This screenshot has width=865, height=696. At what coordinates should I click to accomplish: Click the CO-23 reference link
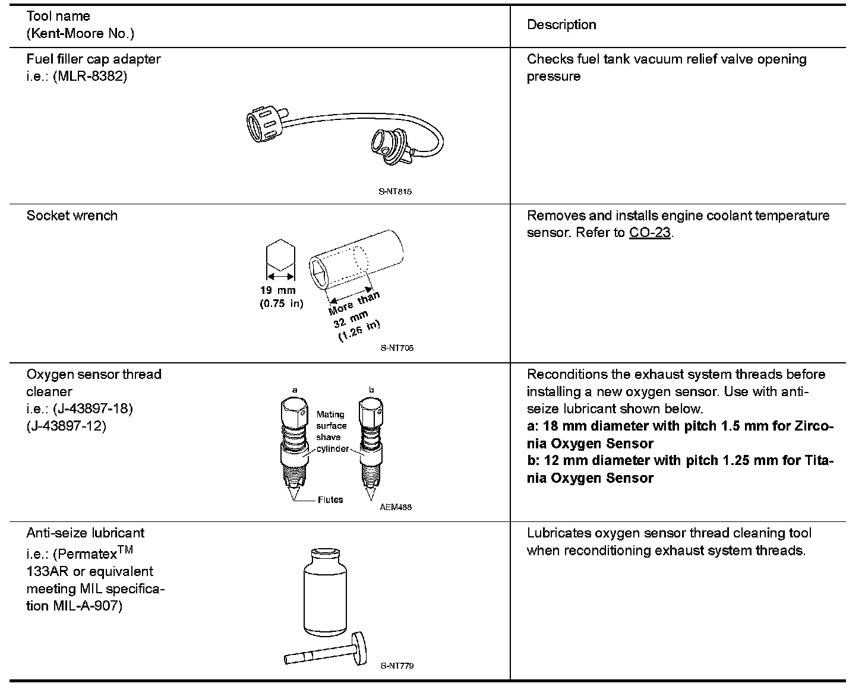(650, 233)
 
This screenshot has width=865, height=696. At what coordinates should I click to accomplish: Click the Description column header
(561, 25)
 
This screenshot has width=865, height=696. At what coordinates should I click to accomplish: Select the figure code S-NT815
(395, 192)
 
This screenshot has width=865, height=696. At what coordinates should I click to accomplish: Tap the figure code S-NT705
(397, 348)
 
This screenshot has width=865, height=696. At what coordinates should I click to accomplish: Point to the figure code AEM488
(396, 507)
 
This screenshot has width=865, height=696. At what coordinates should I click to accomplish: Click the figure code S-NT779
(397, 666)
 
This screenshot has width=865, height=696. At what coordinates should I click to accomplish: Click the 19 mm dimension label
(277, 290)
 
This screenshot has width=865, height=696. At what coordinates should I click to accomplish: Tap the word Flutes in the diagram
(330, 500)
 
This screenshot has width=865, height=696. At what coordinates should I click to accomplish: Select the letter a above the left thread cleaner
(295, 390)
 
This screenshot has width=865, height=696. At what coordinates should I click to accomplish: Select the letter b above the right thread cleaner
(371, 390)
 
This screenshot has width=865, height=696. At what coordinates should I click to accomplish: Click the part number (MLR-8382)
(90, 77)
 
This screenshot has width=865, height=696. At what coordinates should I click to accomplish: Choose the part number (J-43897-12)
(67, 426)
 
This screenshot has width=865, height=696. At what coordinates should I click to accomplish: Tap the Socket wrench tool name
(72, 216)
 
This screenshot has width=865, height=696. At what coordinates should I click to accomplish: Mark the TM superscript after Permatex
(126, 550)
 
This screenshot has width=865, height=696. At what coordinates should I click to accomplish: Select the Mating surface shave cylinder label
(332, 432)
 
